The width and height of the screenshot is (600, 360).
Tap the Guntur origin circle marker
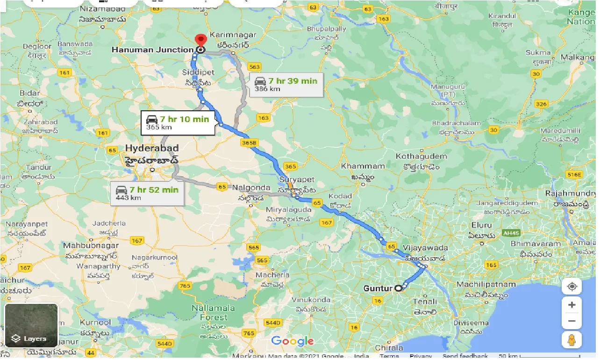click(x=398, y=288)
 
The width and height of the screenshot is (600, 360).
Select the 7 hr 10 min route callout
click(x=178, y=122)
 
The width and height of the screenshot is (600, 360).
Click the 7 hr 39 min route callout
click(x=286, y=84)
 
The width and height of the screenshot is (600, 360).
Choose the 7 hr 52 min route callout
click(x=148, y=193)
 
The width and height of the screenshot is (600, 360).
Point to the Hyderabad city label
click(x=152, y=149)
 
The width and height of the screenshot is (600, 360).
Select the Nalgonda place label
click(x=251, y=187)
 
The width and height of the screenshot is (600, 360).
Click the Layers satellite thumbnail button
click(x=31, y=326)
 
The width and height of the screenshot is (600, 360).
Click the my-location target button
click(x=571, y=286)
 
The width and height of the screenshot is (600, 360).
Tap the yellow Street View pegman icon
click(x=571, y=340)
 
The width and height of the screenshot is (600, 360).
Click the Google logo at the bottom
click(x=293, y=341)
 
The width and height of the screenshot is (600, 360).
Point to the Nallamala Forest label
click(x=210, y=313)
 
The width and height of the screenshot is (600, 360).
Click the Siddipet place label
click(x=199, y=72)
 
